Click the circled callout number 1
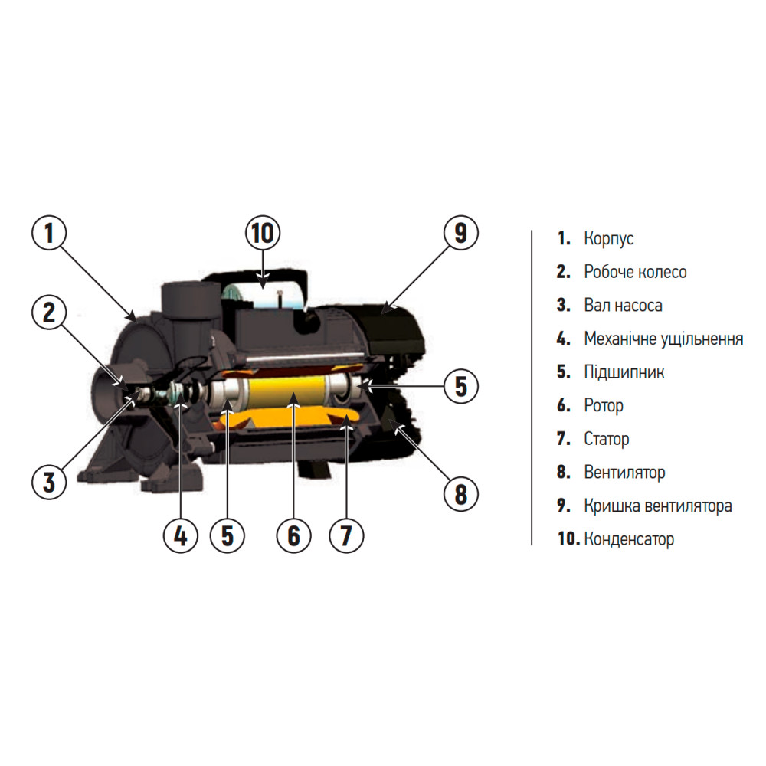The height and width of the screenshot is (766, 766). pos(49,233)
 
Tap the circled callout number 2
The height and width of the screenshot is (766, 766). pos(49,313)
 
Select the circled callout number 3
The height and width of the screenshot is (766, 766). pos(49,482)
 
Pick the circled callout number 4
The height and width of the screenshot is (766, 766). pos(181,535)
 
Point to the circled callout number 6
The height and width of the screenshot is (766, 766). pos(293,535)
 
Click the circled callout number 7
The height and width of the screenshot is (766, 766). pos(346,535)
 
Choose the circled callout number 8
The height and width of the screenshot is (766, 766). pos(460,494)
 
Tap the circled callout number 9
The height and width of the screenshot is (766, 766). pos(460,233)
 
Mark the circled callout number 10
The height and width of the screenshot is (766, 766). pos(263,233)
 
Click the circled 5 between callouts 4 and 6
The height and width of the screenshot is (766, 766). pos(228,535)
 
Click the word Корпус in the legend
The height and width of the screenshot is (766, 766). pos(609,239)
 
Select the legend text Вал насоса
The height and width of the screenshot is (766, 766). pos(623,306)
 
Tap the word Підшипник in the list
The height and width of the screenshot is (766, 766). pos(624,372)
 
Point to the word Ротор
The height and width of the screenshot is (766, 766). pos(604,406)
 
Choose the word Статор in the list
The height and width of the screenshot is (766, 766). pos(606,439)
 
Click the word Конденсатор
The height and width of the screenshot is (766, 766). pos(629,538)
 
